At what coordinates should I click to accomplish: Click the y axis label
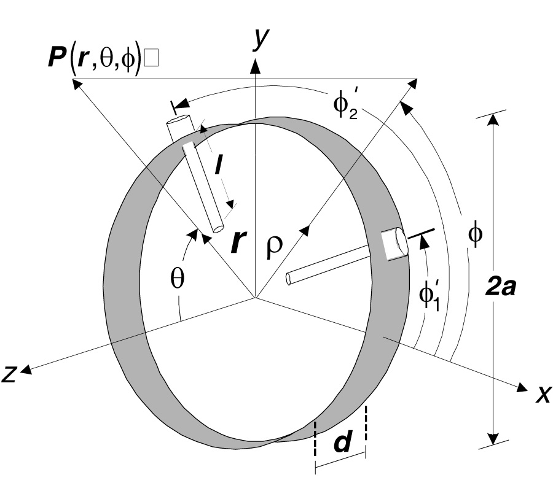[x=261, y=39]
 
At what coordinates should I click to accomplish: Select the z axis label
[x=9, y=374]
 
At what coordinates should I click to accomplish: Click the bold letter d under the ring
[x=343, y=442]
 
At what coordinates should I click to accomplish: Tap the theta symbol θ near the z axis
[x=177, y=277]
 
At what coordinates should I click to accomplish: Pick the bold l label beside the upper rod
[x=219, y=165]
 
